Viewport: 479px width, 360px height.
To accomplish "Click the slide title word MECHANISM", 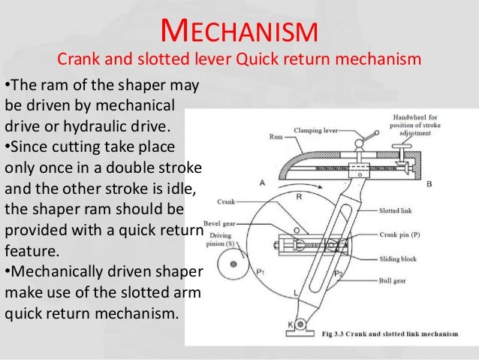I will point(240,32).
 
